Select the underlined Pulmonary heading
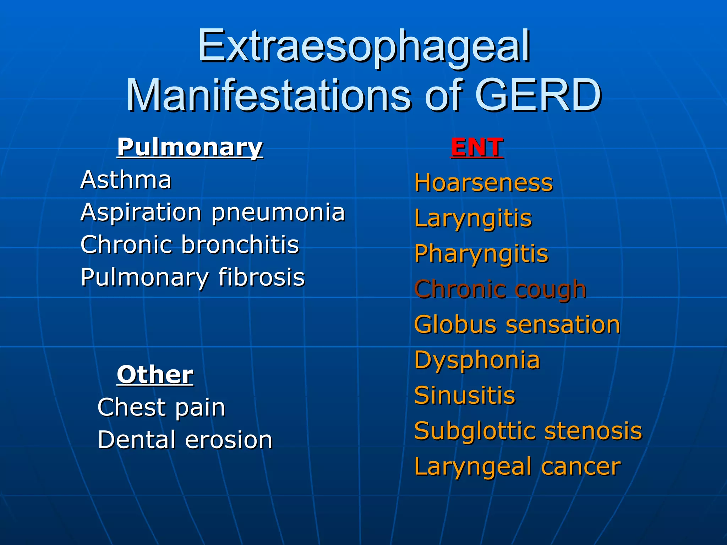click(x=190, y=147)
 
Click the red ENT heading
click(x=477, y=147)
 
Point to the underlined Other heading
click(x=155, y=375)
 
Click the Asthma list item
click(x=126, y=180)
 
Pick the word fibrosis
click(x=261, y=277)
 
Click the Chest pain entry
click(x=162, y=407)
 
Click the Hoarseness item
click(x=483, y=183)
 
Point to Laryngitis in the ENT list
click(x=473, y=219)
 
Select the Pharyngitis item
click(x=481, y=254)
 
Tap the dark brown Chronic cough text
click(x=500, y=289)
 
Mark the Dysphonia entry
click(x=477, y=360)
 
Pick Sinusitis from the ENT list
click(x=465, y=395)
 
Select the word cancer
click(x=581, y=466)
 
